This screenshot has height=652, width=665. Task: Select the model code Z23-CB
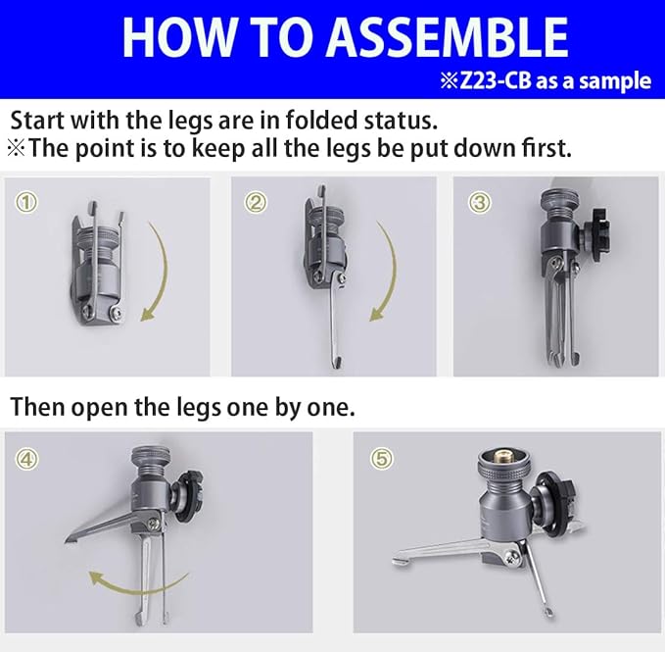point(496,80)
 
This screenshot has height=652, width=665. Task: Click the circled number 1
point(26,203)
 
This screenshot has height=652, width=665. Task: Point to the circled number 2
point(256,203)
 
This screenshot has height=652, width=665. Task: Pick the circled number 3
point(480,203)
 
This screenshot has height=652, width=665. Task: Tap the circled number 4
point(26,459)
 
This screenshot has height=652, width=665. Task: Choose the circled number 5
point(382,459)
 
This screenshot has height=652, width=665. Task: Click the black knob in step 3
point(597,229)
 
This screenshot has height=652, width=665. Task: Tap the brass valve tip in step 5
point(504,457)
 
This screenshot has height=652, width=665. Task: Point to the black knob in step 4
point(189,494)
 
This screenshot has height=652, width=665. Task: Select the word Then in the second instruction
point(37,407)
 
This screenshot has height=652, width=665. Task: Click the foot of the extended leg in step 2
point(337,362)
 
